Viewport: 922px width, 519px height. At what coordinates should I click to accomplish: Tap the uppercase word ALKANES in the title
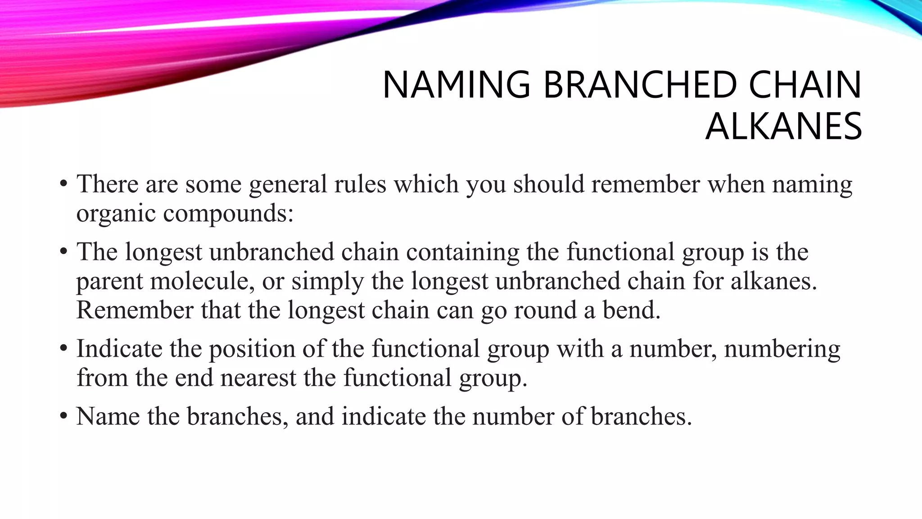[x=783, y=127]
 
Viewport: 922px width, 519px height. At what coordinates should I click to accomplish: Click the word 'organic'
[x=116, y=214]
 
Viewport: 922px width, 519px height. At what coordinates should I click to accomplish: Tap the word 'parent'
[x=109, y=282]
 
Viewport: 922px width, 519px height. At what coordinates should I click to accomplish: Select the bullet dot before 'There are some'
[x=63, y=185]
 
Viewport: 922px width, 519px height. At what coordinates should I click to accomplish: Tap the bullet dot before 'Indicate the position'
[x=63, y=349]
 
